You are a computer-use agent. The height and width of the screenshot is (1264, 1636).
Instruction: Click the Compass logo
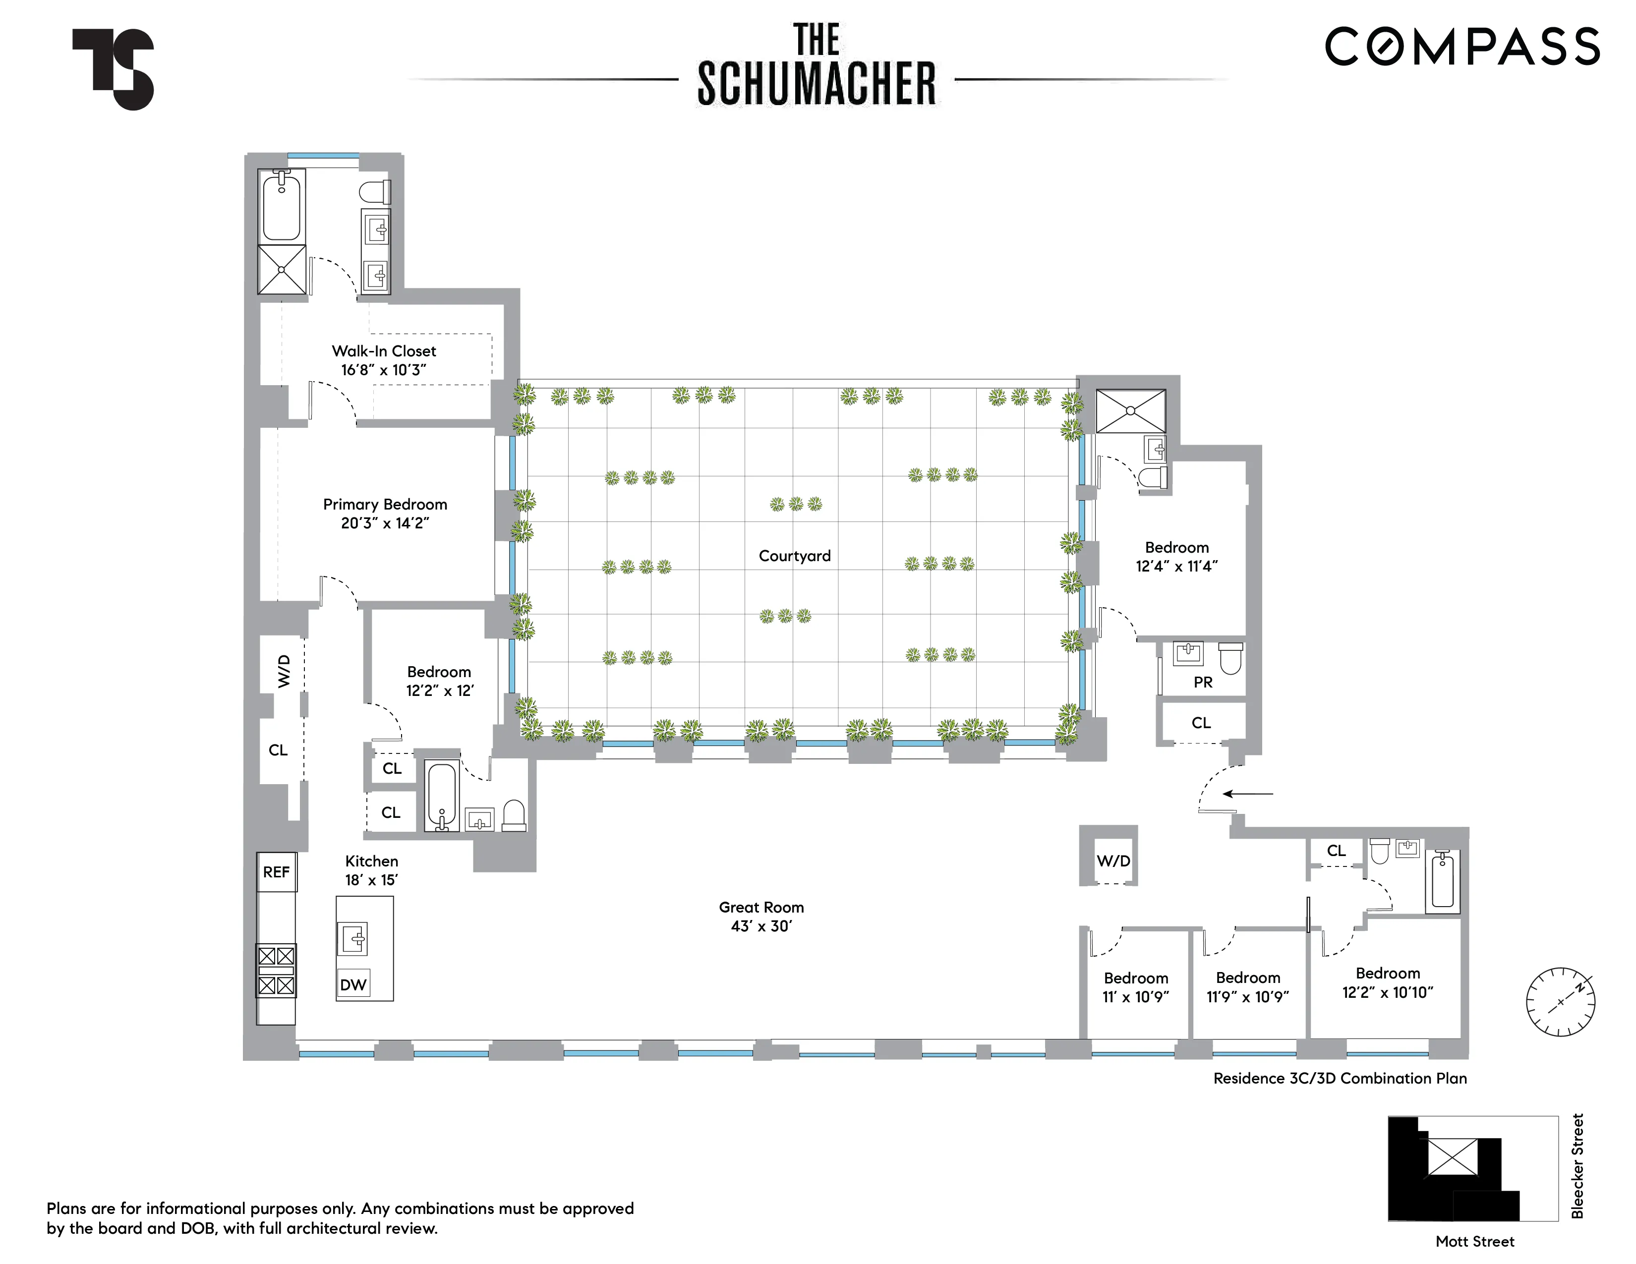[1461, 47]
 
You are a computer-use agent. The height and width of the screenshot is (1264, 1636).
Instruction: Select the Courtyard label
[794, 556]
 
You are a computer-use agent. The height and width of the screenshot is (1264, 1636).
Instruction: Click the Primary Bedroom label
[385, 505]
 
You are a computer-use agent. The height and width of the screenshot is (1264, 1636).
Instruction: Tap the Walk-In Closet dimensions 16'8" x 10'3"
[384, 370]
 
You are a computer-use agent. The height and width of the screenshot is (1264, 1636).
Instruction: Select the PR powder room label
[1202, 682]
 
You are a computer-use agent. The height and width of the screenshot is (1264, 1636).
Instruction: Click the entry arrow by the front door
[1247, 794]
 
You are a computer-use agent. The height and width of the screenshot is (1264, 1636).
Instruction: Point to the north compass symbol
[1560, 1001]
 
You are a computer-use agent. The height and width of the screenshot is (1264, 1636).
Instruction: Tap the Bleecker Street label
[1577, 1166]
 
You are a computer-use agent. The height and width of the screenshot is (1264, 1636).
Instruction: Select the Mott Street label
[1474, 1242]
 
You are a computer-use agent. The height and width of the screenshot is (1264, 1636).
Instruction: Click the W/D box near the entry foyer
[1113, 861]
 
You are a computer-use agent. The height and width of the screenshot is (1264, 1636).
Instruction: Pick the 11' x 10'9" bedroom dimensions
[1136, 997]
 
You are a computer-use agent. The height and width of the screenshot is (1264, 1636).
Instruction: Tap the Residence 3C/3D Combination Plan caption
[1340, 1078]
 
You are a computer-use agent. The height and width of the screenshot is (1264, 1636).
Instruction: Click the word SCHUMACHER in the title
[817, 84]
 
